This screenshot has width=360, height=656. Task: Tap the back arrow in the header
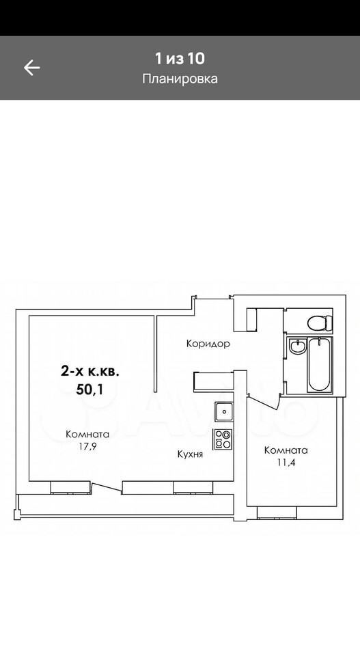coord(31,68)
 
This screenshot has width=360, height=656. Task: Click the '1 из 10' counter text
coord(180,59)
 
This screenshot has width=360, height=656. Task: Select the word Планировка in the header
coord(180,79)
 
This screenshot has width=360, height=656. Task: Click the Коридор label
coord(208,344)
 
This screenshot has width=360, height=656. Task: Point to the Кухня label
coord(190,454)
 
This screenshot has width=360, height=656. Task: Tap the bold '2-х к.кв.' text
coord(90,371)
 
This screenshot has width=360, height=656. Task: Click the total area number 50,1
coord(90,389)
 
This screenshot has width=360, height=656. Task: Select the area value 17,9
coord(88,446)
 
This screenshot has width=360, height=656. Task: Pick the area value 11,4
coord(286,463)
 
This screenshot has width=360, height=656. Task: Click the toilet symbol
coord(320,323)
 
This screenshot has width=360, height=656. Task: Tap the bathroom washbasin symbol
coord(297,346)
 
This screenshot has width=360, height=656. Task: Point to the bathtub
coord(320,365)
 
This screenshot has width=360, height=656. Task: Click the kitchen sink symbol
coord(224,411)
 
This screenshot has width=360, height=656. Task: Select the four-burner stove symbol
coord(223,439)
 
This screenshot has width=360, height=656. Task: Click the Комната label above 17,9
coord(87,435)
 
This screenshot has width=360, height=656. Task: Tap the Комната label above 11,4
coord(286,450)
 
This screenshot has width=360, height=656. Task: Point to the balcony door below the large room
coord(107,489)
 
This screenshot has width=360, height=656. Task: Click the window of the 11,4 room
coord(277,512)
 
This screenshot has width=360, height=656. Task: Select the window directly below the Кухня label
coord(193,488)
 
